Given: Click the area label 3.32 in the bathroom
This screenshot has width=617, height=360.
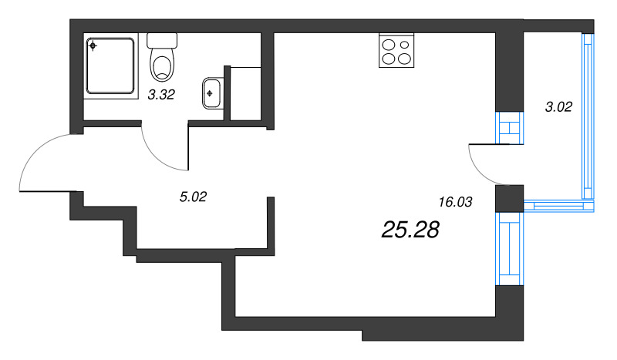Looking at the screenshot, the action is coord(161,95).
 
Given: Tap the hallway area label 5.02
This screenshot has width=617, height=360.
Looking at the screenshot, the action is coord(193,197).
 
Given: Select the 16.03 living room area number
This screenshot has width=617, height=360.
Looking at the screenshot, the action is coord(455,202).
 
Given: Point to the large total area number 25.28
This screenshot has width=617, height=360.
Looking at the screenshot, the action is coord(410,230).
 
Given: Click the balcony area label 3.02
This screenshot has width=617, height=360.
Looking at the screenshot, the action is coord(558,106).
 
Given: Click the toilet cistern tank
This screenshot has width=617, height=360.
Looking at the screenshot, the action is coord(162,41).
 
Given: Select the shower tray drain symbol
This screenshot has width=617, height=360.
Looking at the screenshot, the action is coord(93,46).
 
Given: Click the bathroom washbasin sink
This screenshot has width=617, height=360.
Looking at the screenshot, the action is coord(212,93).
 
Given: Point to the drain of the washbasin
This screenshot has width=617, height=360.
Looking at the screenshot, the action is coord(210,93).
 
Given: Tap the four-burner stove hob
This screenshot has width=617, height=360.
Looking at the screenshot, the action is coord(396,50).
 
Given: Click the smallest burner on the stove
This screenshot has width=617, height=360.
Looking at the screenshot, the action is coord(404,45).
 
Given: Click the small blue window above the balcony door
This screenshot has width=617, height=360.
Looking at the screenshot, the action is coord(510,128).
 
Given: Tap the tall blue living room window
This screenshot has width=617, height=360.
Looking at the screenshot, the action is coord(510,249).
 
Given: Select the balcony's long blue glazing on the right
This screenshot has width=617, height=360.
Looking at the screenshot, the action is coord(588,116).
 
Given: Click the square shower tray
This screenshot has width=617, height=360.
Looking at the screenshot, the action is coord(110,66).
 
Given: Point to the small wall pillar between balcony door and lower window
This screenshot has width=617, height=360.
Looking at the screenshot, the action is coord(510,199).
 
